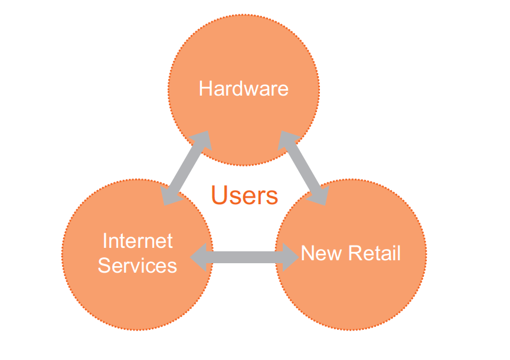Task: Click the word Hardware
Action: (243, 89)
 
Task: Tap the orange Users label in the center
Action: (244, 195)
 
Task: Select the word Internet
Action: (138, 241)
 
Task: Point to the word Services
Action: (138, 265)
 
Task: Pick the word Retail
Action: (373, 253)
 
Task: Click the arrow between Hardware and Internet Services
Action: (187, 168)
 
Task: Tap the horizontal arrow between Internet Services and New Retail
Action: (246, 257)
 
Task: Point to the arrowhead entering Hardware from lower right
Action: (287, 140)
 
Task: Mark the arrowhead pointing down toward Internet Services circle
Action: (171, 197)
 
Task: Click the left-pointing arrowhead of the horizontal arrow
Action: (200, 257)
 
